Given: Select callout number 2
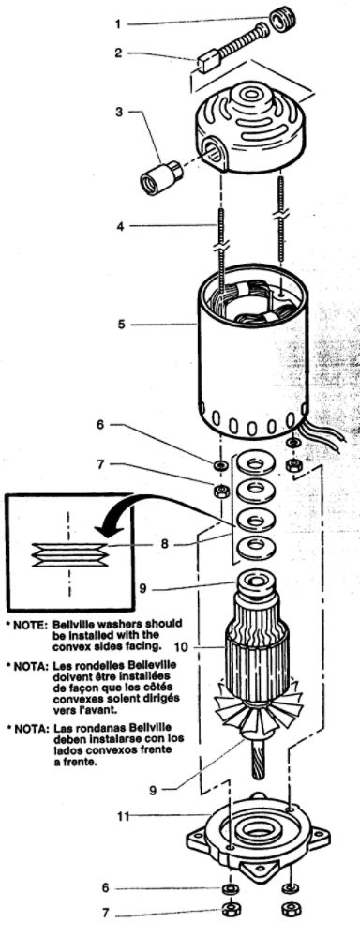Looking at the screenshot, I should (118, 53).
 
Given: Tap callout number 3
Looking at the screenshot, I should (118, 113).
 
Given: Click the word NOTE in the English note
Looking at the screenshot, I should (29, 623).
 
